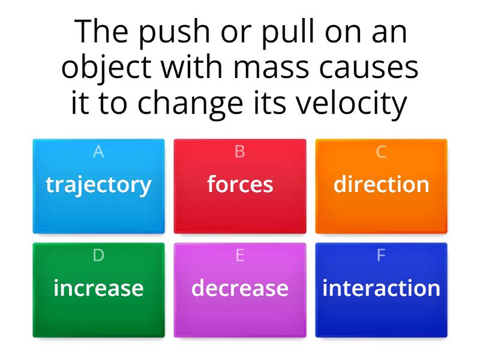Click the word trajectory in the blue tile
click(98, 185)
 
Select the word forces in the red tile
click(240, 184)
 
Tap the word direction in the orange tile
click(381, 184)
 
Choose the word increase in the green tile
click(98, 288)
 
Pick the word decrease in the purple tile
click(240, 288)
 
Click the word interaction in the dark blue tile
click(381, 288)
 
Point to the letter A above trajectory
click(98, 152)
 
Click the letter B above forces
click(240, 152)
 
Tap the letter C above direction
click(381, 152)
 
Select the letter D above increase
click(98, 256)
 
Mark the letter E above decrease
click(240, 256)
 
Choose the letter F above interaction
click(381, 256)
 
